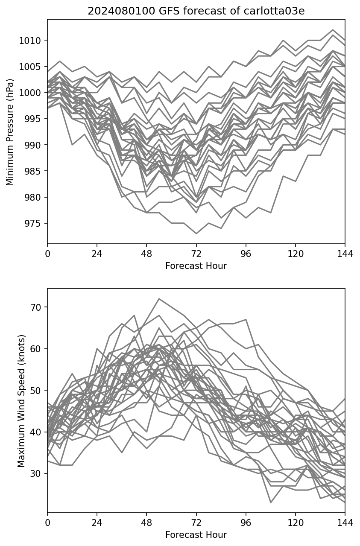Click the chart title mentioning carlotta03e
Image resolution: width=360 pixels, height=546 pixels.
pyautogui.click(x=196, y=11)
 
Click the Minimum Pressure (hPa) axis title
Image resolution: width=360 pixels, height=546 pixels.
pyautogui.click(x=10, y=132)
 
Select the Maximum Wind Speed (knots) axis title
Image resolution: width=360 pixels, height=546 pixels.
pyautogui.click(x=21, y=401)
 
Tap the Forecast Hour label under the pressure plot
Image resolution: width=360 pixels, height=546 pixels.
pyautogui.click(x=196, y=266)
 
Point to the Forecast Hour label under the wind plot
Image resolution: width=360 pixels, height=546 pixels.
pyautogui.click(x=196, y=535)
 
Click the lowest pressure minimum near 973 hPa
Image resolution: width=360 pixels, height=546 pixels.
pyautogui.click(x=196, y=234)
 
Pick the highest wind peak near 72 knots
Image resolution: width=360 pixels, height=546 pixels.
pyautogui.click(x=159, y=299)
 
